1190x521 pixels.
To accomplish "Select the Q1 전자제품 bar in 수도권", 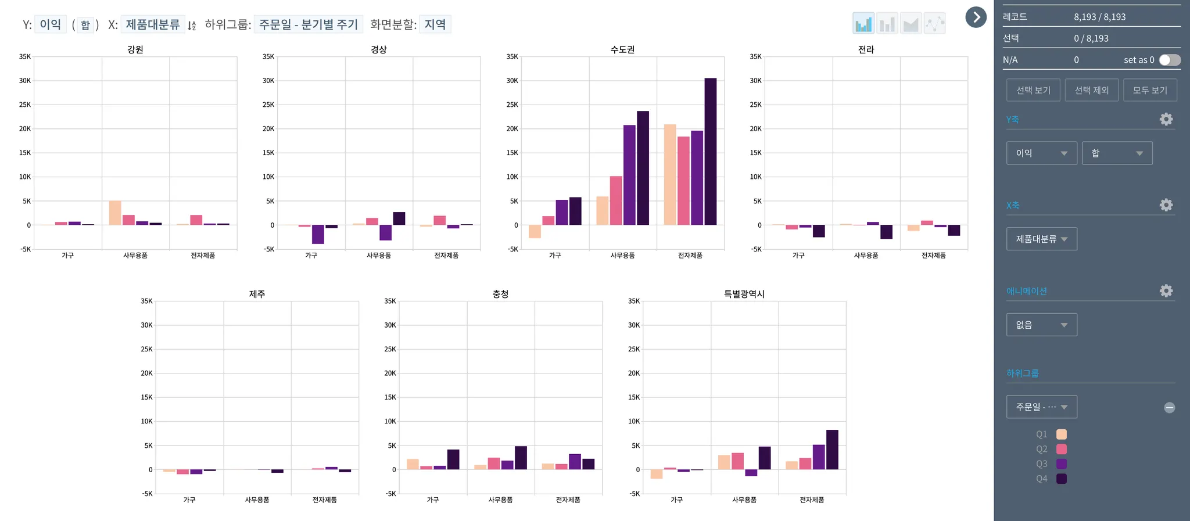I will coord(669,174).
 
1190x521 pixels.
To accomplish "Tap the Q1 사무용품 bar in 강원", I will coord(115,213).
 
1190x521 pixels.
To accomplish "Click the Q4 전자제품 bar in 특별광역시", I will coord(832,450).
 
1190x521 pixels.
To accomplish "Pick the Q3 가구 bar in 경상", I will coord(318,234).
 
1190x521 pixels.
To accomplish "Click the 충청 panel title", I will coord(500,294).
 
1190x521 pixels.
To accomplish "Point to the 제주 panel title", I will coord(257,294).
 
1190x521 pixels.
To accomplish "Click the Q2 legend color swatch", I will coord(1061,449).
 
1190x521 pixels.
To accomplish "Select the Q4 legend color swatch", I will coord(1061,479).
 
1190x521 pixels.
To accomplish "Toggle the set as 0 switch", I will coord(1169,60).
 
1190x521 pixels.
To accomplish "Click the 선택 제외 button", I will coord(1091,90).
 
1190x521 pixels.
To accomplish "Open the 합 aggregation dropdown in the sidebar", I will coord(1116,153).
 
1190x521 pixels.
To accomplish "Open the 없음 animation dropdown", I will coord(1041,325).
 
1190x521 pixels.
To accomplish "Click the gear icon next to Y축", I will coord(1166,119).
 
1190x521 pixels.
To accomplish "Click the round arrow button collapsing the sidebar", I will coord(976,17).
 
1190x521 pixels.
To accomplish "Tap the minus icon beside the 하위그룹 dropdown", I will coord(1169,408).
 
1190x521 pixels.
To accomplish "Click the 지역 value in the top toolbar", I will coord(435,24).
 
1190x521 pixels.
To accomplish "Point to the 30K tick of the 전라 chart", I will coord(755,81).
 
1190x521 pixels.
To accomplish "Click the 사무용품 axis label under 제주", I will coord(257,500).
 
